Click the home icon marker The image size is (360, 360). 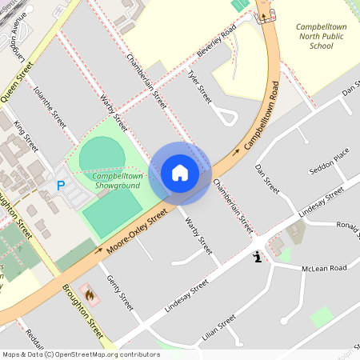click(x=179, y=172)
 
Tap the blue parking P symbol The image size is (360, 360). click(x=60, y=186)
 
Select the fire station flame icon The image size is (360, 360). click(x=89, y=295)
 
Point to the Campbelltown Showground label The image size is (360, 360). click(x=117, y=181)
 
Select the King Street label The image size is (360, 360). click(x=26, y=136)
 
